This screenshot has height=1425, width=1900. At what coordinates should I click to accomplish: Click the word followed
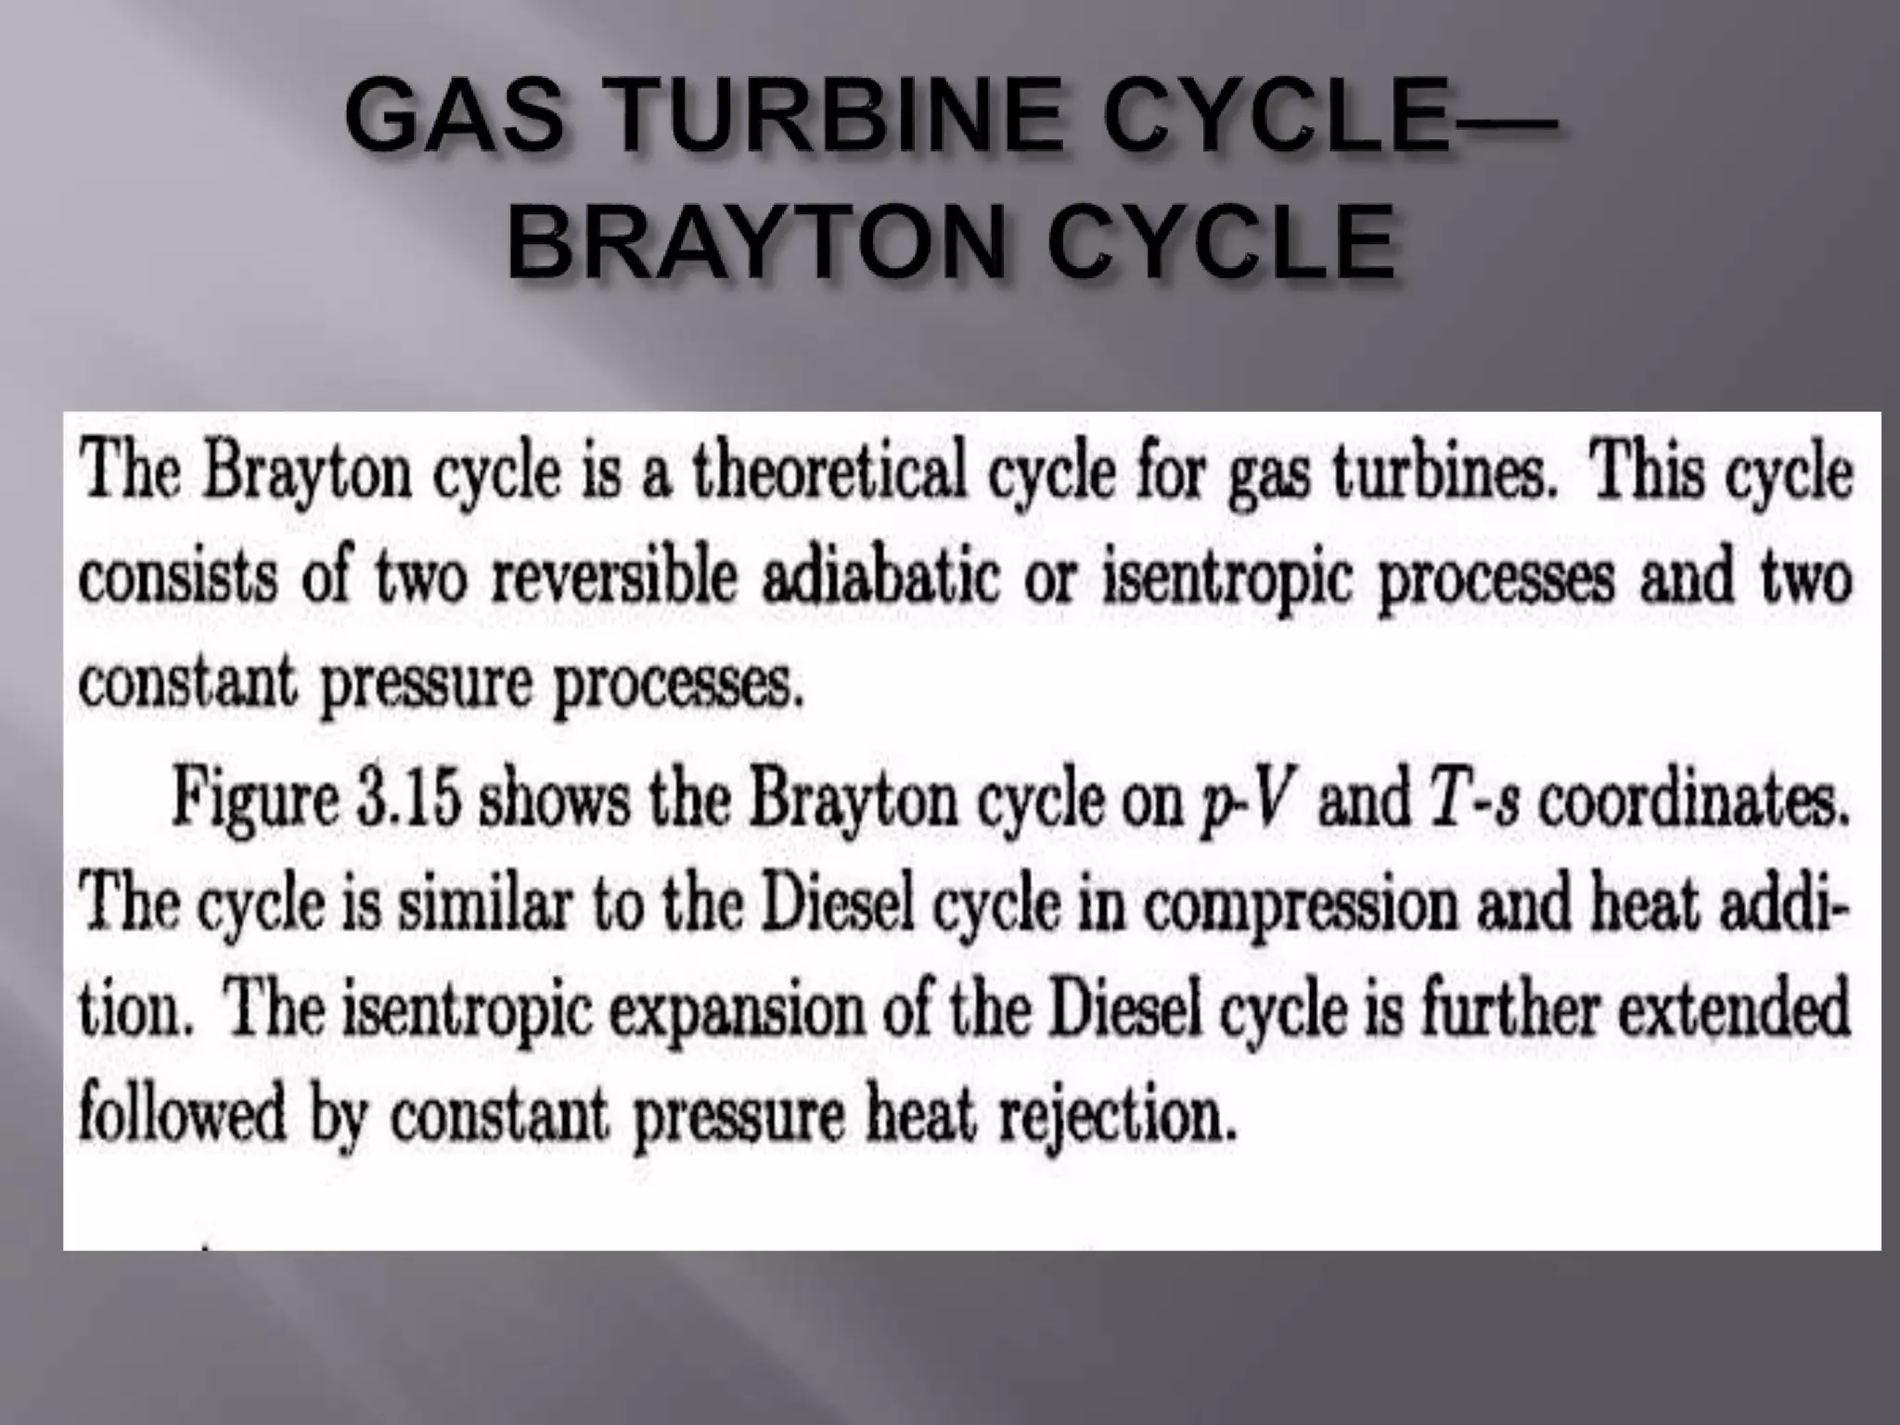pos(182,1116)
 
